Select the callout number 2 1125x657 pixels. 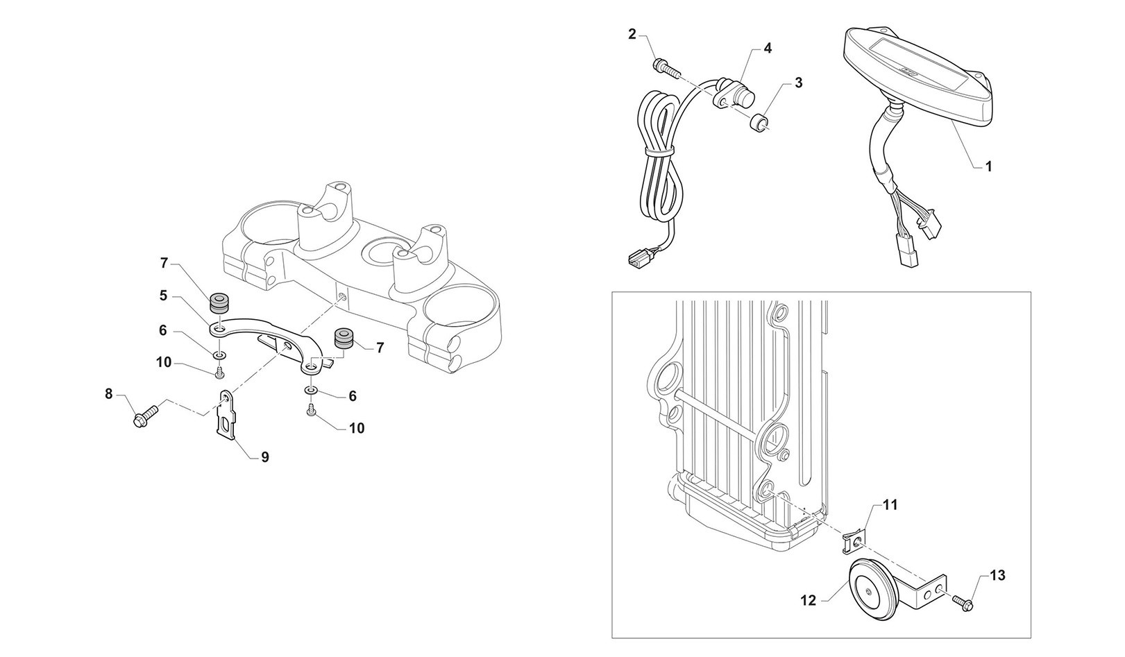pos(632,34)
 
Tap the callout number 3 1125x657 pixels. pos(798,83)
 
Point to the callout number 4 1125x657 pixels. pos(767,48)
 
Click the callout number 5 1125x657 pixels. pos(163,296)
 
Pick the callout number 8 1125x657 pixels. pos(108,394)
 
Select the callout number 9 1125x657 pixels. pos(265,457)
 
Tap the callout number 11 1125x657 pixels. pos(890,505)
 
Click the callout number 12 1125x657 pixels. pos(809,601)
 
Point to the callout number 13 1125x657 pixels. pos(997,575)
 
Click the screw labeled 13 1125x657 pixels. pos(963,601)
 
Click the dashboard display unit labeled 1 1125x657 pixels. pos(916,76)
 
